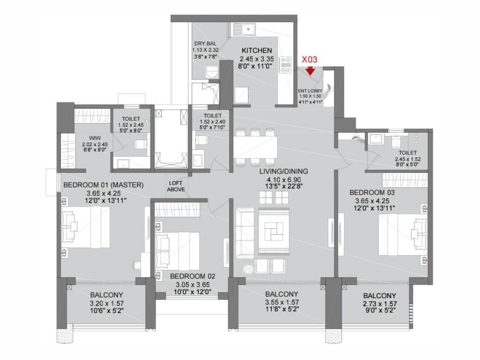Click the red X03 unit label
pyautogui.click(x=309, y=60)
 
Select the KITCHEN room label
pyautogui.click(x=256, y=51)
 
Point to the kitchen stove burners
pyautogui.click(x=285, y=65)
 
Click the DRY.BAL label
pyautogui.click(x=205, y=44)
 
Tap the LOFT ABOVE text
pyautogui.click(x=176, y=187)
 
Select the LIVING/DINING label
pyautogui.click(x=284, y=172)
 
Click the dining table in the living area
pyautogui.click(x=255, y=147)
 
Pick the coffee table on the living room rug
pyautogui.click(x=274, y=231)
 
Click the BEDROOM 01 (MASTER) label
pyautogui.click(x=103, y=185)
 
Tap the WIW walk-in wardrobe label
pyautogui.click(x=95, y=138)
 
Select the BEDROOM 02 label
pyautogui.click(x=193, y=276)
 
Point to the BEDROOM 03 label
pyautogui.click(x=372, y=193)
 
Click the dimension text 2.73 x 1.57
pyautogui.click(x=380, y=304)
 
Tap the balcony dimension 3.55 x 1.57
pyautogui.click(x=282, y=302)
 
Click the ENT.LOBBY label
pyautogui.click(x=310, y=91)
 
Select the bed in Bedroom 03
pyautogui.click(x=403, y=234)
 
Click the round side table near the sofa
pyautogui.click(x=247, y=269)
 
